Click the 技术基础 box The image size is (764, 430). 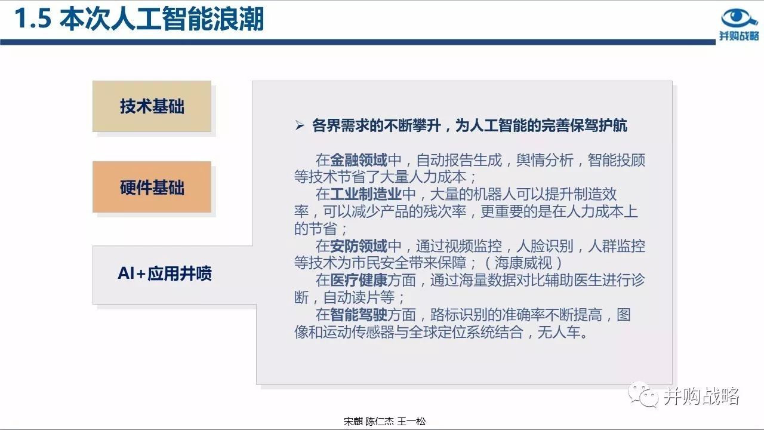[x=152, y=106]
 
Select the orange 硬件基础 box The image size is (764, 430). [x=152, y=187]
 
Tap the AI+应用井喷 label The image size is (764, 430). [x=165, y=274]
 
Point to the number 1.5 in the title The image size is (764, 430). [x=33, y=19]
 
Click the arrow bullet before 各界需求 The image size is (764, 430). [x=300, y=125]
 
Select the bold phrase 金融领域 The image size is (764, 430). [x=359, y=159]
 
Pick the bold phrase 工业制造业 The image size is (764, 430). [x=366, y=194]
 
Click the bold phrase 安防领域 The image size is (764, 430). [x=359, y=245]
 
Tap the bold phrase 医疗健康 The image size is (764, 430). [x=359, y=280]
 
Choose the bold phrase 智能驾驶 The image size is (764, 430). [x=359, y=315]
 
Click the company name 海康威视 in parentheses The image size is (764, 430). [x=523, y=263]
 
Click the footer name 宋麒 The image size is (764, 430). [x=353, y=422]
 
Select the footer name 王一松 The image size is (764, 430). [x=411, y=422]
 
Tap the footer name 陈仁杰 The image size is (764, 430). [x=380, y=422]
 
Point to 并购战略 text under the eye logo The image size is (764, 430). [x=739, y=35]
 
